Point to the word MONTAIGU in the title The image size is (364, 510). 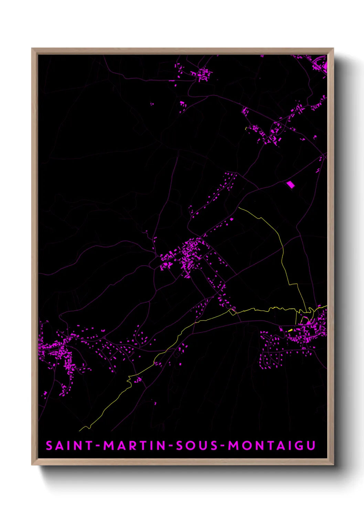pos(272,446)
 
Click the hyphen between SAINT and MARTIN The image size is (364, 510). pos(98,446)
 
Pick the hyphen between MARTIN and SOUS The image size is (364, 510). pos(171,446)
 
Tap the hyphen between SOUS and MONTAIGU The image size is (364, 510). pos(223,446)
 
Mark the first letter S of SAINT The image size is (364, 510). pos(50,446)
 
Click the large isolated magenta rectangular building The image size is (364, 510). pos(291,185)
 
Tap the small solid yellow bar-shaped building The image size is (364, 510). pos(290,330)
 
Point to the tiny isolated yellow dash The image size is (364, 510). pos(246,129)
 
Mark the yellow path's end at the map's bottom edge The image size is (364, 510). pos(80,430)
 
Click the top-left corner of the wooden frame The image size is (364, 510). pos(32,49)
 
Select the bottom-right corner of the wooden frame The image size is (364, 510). pos(333,465)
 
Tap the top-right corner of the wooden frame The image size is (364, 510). pos(333,49)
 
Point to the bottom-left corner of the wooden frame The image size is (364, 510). pos(32,465)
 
